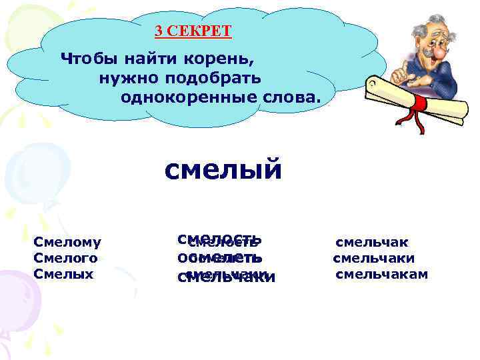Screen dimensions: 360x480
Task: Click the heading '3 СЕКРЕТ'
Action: (193, 31)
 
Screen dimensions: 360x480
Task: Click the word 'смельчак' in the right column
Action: (371, 243)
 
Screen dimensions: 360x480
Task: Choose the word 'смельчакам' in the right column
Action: (381, 274)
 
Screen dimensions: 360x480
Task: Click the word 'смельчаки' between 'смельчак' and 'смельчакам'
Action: (373, 258)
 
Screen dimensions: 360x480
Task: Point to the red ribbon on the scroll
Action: (419, 107)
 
